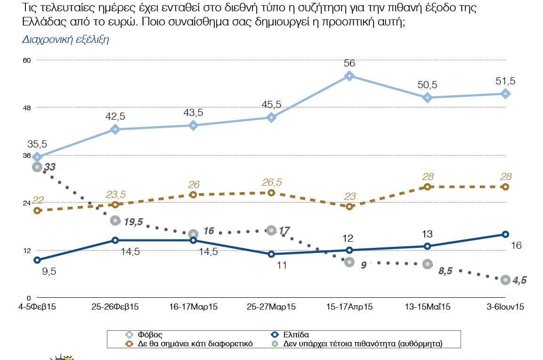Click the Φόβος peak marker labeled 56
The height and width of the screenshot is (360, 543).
click(x=349, y=76)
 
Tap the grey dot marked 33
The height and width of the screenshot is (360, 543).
click(x=37, y=167)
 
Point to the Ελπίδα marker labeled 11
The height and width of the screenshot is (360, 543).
click(x=271, y=254)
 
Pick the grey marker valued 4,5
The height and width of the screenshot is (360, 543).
click(x=505, y=280)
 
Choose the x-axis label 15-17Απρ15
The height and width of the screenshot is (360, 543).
click(x=349, y=307)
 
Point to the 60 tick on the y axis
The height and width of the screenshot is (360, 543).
click(x=27, y=60)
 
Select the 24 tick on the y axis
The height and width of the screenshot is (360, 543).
click(x=27, y=203)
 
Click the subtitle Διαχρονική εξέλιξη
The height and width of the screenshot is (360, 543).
click(x=65, y=40)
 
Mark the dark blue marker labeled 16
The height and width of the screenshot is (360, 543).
click(x=505, y=234)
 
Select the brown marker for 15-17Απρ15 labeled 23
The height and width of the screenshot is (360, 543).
click(x=349, y=206)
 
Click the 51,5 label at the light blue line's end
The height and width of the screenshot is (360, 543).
click(x=505, y=81)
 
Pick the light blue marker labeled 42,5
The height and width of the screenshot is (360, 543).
click(x=115, y=129)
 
